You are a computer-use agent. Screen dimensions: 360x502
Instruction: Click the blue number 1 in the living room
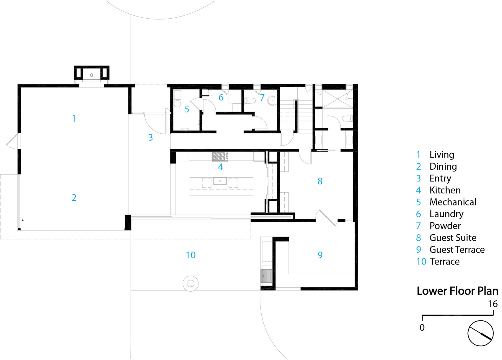(x=74, y=119)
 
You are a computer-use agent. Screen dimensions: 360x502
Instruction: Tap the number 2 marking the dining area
(x=74, y=197)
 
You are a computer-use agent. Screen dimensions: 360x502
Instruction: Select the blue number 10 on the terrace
(x=191, y=255)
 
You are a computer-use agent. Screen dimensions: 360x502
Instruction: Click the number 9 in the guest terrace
(x=320, y=255)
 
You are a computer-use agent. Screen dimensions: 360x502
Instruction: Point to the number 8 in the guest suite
(x=320, y=181)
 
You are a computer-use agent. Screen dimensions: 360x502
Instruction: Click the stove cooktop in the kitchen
(x=220, y=156)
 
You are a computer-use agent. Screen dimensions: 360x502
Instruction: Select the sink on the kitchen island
(x=220, y=181)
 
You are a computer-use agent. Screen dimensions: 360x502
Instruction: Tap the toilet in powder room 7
(x=250, y=101)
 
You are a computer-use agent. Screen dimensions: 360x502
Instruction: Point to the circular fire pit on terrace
(x=191, y=284)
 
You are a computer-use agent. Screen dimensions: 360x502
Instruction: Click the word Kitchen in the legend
(x=445, y=190)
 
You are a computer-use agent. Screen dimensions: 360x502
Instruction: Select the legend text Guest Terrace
(x=457, y=250)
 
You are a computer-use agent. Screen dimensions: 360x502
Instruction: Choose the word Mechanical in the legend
(x=453, y=202)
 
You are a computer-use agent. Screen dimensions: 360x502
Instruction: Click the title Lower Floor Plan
(x=457, y=291)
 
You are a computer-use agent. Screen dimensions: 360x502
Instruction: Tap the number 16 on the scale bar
(x=493, y=304)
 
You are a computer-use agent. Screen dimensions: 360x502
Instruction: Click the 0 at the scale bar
(x=422, y=327)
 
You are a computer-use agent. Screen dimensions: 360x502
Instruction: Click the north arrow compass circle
(x=480, y=333)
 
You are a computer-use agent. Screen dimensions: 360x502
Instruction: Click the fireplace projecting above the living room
(x=92, y=73)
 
